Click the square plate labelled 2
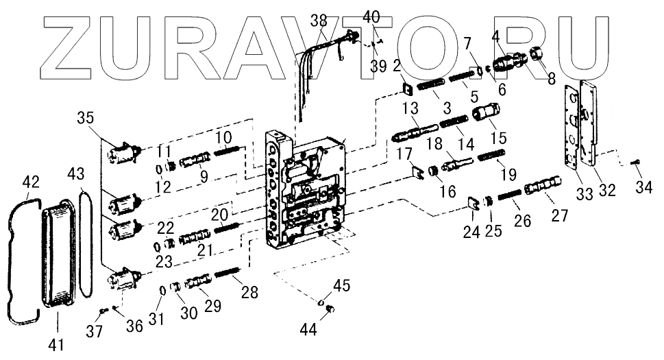pos(406,88)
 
